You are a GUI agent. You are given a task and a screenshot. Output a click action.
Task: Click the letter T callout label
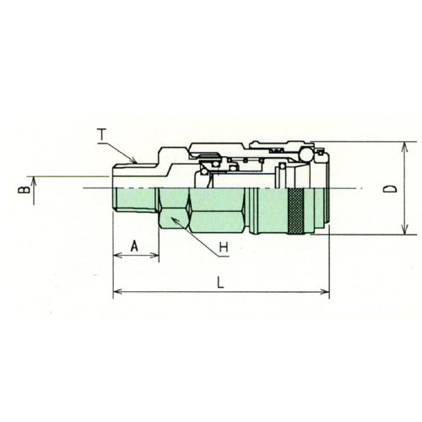[101, 134]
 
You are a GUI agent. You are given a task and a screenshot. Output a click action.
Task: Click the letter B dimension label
[24, 190]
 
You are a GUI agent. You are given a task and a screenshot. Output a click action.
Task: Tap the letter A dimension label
[134, 246]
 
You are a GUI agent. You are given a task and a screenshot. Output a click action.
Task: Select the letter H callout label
[224, 247]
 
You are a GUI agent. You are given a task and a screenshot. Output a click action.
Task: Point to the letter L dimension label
[220, 283]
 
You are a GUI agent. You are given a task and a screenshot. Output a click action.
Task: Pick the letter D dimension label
[390, 189]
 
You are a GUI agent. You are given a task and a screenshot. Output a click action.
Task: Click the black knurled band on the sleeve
[295, 211]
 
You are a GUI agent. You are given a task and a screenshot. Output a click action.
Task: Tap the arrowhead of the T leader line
[133, 160]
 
